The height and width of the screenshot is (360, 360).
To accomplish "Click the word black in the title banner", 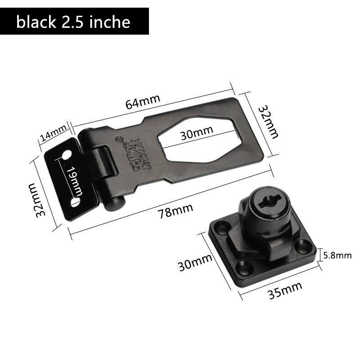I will coord(37,21).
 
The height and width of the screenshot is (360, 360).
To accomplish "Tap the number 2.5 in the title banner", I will coord(76,21).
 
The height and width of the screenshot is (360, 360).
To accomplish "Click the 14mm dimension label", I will coord(53,134).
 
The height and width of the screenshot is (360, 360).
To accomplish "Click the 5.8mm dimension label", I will coord(337,256).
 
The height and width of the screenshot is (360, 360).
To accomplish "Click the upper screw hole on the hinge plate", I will coord(67,156).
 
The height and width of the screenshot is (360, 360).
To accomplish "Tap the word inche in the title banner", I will coord(113,21).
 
